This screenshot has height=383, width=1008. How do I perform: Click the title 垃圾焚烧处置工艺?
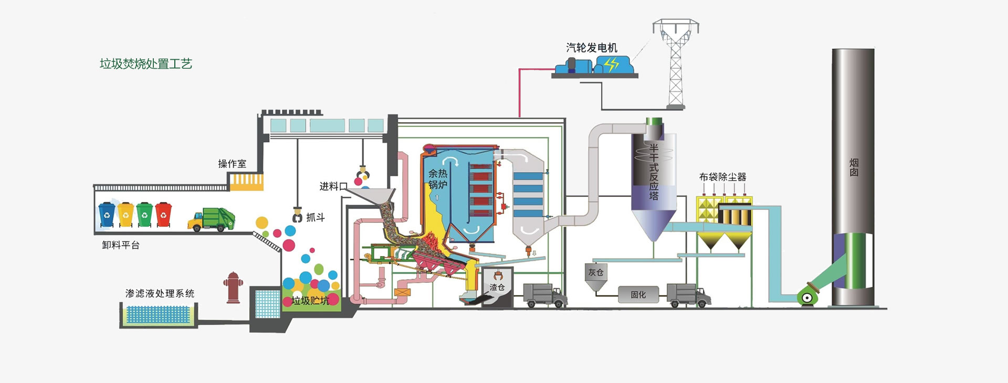(146, 64)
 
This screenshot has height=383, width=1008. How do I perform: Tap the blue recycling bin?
(107, 214)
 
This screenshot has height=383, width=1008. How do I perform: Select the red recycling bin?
(163, 214)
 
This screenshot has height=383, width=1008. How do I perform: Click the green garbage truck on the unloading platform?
(211, 219)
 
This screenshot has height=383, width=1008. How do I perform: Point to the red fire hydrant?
(233, 288)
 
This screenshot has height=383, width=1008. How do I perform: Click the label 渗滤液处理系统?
(160, 293)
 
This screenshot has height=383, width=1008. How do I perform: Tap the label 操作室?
(232, 164)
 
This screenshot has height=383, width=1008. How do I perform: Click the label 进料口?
(333, 186)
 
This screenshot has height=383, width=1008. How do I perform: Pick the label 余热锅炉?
(438, 179)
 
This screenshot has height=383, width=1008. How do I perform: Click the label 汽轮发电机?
(592, 48)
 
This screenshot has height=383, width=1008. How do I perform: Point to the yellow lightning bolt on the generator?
(611, 65)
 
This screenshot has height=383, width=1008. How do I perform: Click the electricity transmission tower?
(676, 63)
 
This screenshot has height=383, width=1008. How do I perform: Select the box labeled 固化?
(638, 295)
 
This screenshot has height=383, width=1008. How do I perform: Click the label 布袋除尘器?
(722, 177)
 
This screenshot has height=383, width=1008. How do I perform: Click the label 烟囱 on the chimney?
(854, 167)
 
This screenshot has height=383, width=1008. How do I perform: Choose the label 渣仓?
(497, 288)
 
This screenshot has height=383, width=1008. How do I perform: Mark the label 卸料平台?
(121, 245)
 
